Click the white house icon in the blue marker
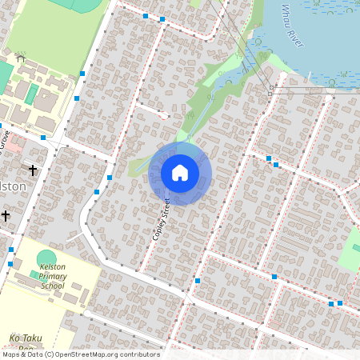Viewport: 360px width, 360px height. point(180,172)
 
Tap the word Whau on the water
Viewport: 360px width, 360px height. point(286,13)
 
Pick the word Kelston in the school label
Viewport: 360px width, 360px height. point(52,266)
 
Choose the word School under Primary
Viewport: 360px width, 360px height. point(52,285)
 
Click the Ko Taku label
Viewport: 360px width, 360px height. point(25,338)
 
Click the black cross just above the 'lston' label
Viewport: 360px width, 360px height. point(33,170)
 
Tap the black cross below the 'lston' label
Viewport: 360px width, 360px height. point(6,215)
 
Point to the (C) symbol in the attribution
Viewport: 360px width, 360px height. point(49,354)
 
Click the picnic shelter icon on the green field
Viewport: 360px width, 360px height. point(21,57)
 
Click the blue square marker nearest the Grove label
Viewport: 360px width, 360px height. point(42,138)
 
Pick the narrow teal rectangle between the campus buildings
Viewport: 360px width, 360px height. point(31,94)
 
